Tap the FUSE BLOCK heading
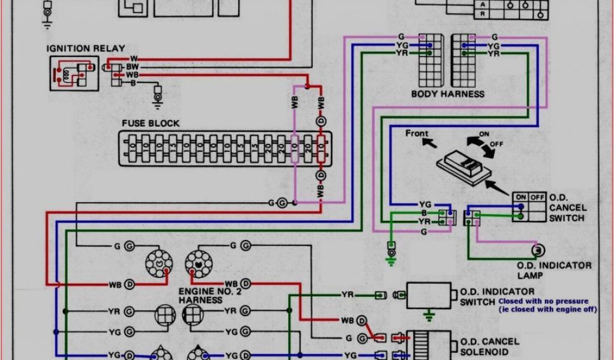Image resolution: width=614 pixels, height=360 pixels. pos(151,123)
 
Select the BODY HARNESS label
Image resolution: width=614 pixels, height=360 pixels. pos(447,94)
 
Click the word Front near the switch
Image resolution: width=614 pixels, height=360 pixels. pos(417,133)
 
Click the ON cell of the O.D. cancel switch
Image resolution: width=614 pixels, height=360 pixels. pos(520,197)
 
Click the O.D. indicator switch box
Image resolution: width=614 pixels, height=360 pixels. pos(429,295)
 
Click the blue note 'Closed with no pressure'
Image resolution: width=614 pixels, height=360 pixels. pos(542,301)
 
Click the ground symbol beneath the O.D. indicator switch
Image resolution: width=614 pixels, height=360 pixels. pos(429,314)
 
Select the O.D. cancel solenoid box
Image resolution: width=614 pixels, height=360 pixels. pos(429,344)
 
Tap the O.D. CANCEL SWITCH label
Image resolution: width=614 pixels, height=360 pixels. pos(566,208)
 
